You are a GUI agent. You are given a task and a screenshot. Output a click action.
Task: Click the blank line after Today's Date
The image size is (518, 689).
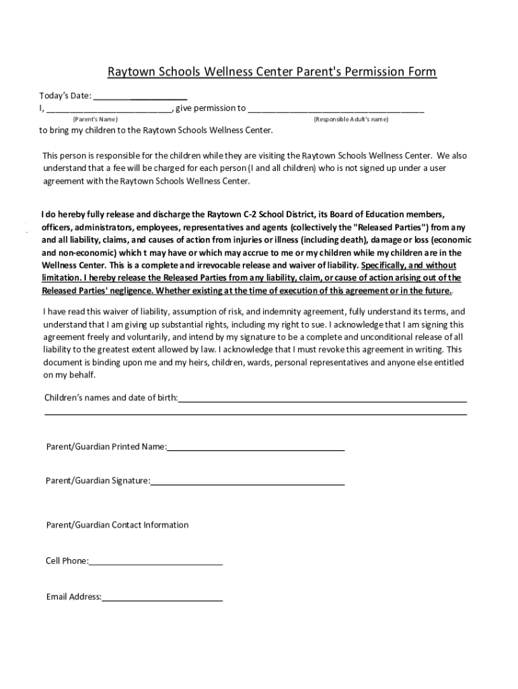pos(140,98)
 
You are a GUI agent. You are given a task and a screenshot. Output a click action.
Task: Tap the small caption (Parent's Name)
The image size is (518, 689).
pos(95,119)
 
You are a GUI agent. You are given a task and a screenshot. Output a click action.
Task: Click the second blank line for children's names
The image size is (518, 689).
pos(256,414)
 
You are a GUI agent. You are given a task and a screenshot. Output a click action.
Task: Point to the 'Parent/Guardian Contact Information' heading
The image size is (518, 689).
pos(117,525)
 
